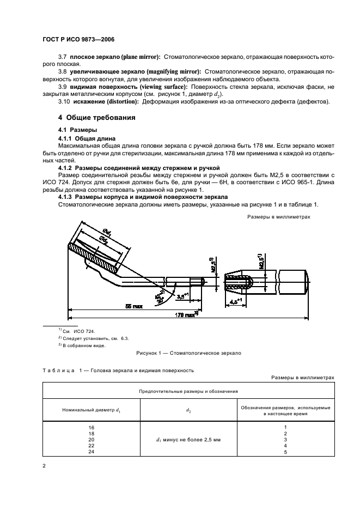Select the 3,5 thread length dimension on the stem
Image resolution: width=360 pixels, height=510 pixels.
pyautogui.click(x=185, y=296)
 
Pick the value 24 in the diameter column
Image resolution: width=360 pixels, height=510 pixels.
pyautogui.click(x=91, y=452)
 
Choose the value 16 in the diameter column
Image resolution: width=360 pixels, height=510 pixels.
pyautogui.click(x=91, y=427)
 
